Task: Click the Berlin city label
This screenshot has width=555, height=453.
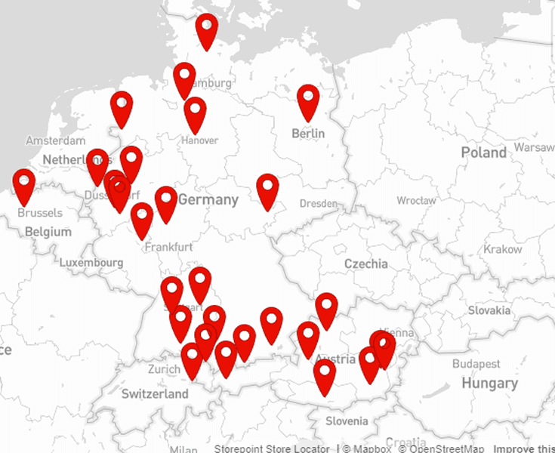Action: pyautogui.click(x=308, y=134)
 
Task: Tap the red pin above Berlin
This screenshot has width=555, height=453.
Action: pyautogui.click(x=308, y=101)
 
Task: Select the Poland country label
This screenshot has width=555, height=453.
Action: pyautogui.click(x=483, y=153)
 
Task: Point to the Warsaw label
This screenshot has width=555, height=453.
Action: pyautogui.click(x=534, y=146)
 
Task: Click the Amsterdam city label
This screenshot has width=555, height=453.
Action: pyautogui.click(x=55, y=141)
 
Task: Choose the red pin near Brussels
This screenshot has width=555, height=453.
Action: pyautogui.click(x=24, y=186)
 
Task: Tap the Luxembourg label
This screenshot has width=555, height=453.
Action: pyautogui.click(x=91, y=263)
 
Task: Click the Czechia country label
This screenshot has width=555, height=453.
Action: pyautogui.click(x=365, y=263)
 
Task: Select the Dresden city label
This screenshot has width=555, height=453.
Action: pyautogui.click(x=318, y=204)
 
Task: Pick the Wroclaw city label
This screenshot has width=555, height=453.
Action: pyautogui.click(x=416, y=201)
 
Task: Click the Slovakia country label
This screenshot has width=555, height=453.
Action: pyautogui.click(x=489, y=310)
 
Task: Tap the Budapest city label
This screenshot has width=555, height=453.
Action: pyautogui.click(x=476, y=364)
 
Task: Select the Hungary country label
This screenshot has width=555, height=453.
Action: pyautogui.click(x=489, y=384)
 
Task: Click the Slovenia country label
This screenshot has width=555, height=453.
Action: pyautogui.click(x=347, y=421)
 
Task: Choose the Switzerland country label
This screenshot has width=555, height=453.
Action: pyautogui.click(x=155, y=394)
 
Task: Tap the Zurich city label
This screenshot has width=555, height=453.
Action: pyautogui.click(x=164, y=369)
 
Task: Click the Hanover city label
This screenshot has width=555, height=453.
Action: pyautogui.click(x=199, y=140)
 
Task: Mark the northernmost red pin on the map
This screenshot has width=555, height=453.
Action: pyautogui.click(x=206, y=29)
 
